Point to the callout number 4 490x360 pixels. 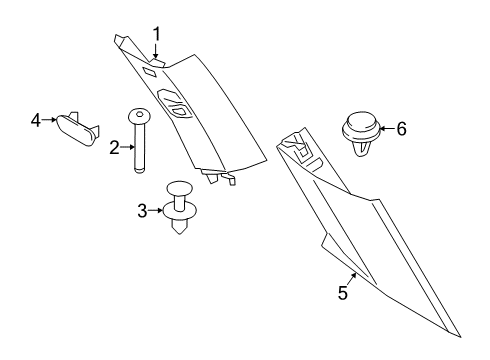click(x=35, y=121)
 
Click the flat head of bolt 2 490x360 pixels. click(x=137, y=114)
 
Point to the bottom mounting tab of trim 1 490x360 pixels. click(x=222, y=178)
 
